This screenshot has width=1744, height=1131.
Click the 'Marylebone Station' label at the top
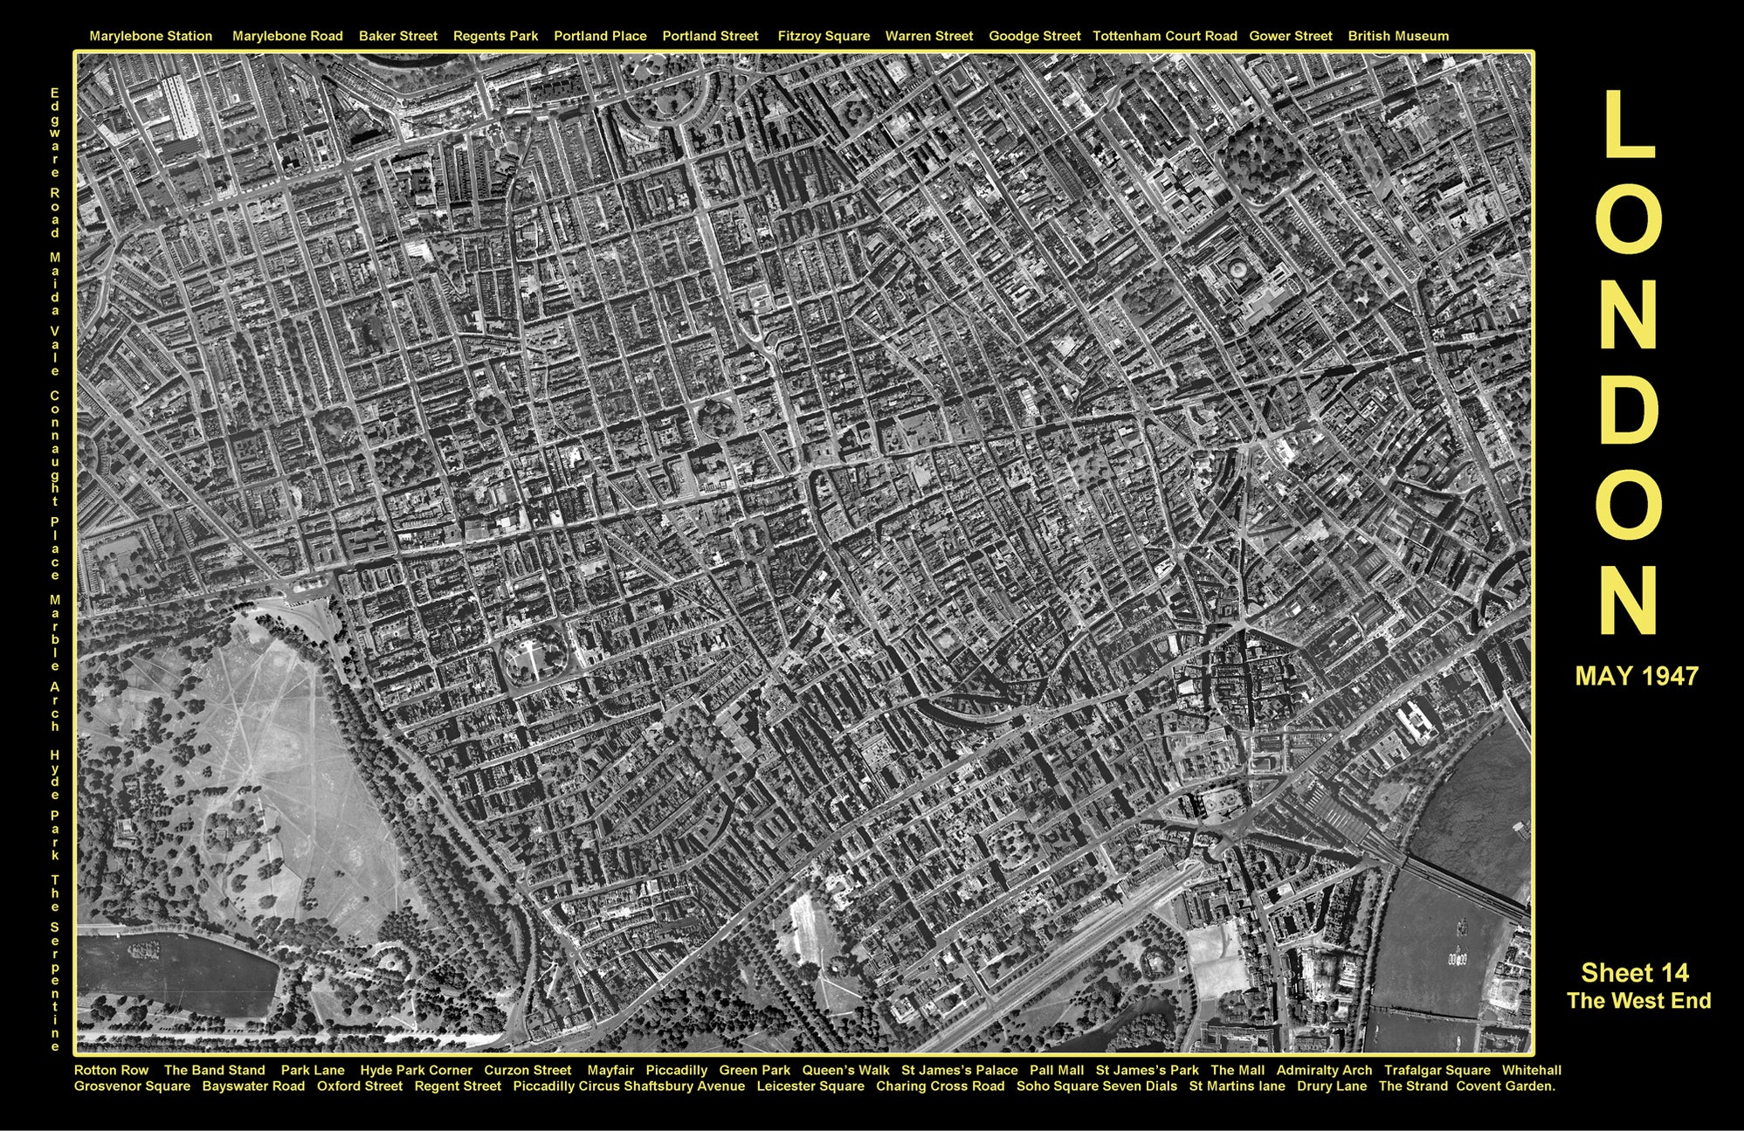[x=150, y=37]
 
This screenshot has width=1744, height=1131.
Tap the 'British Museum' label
[x=1397, y=37]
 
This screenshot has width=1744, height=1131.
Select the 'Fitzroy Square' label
[x=824, y=37]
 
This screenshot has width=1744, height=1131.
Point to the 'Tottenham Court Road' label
[x=1164, y=37]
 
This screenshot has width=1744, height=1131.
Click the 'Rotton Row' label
[x=111, y=1070]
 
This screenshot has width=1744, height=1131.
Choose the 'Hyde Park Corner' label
[x=416, y=1070]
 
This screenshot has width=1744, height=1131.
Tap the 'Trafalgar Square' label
[x=1437, y=1070]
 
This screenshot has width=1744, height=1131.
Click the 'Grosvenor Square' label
[x=132, y=1086]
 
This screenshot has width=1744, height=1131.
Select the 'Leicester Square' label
[x=810, y=1086]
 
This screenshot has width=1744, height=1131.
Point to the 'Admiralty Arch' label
[x=1324, y=1070]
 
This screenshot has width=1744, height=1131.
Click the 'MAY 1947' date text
[x=1637, y=676]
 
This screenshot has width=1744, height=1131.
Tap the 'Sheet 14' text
[x=1635, y=973]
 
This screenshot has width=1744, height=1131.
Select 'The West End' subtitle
[x=1638, y=1001]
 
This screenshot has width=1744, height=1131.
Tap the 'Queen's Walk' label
[x=845, y=1070]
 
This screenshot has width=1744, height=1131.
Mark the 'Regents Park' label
[x=495, y=37]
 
